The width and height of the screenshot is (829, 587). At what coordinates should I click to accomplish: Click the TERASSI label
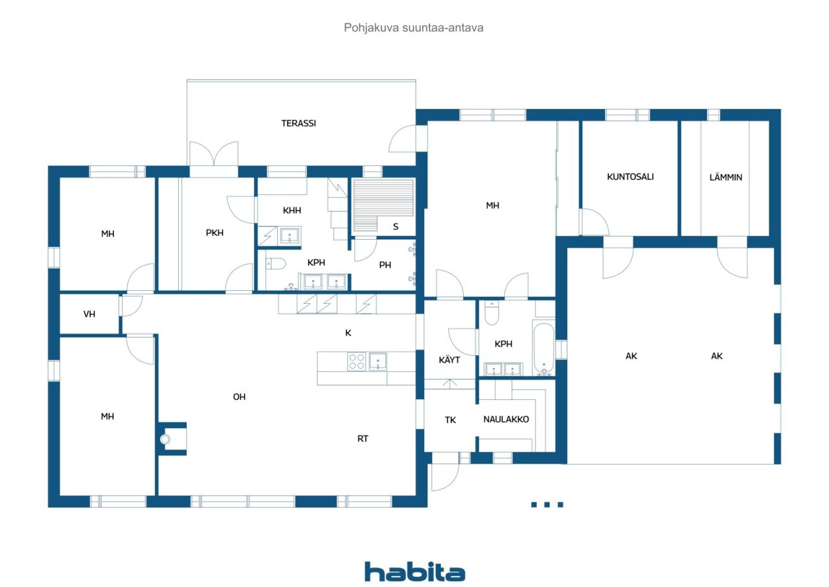[299, 123]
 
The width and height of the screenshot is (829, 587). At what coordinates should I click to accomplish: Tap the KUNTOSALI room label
[630, 176]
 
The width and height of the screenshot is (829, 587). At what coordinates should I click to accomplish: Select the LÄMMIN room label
[725, 177]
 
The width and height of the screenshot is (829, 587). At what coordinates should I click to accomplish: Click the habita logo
[414, 572]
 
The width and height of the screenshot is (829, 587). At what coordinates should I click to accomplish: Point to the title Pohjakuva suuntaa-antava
[414, 28]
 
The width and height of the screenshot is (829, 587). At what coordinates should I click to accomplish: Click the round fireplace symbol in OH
[165, 439]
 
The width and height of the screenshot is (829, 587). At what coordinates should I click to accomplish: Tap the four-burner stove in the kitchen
[357, 361]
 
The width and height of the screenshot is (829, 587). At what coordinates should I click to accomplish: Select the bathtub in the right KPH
[544, 347]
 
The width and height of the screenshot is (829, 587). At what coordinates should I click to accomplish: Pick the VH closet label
[89, 314]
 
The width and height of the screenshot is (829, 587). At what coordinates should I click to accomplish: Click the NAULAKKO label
[506, 419]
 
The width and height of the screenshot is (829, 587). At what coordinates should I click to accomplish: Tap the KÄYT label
[449, 360]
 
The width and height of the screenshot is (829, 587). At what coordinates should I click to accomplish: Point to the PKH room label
[214, 233]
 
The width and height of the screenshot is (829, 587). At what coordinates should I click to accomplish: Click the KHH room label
[292, 211]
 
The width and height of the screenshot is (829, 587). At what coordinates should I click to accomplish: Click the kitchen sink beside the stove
[378, 361]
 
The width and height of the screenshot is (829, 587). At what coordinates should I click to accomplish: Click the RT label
[363, 439]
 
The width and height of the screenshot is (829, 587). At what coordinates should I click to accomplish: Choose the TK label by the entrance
[450, 420]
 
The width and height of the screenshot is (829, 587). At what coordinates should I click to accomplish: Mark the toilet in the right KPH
[492, 314]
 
